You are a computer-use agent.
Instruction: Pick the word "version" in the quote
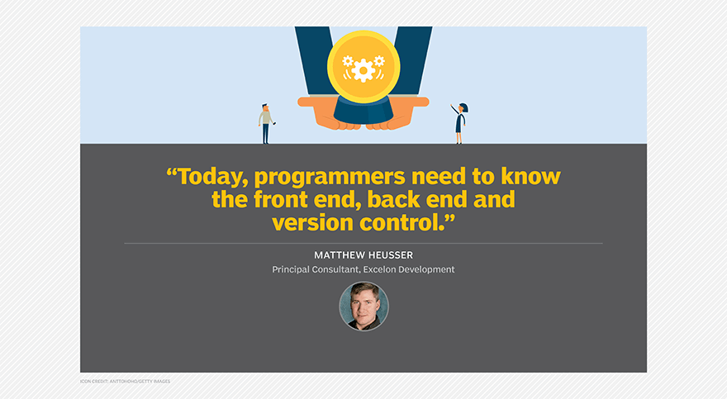point(313,223)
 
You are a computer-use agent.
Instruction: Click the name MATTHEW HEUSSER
point(363,255)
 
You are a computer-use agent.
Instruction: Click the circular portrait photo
point(364,306)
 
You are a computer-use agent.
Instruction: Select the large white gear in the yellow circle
point(363,70)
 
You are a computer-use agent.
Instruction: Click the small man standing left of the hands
point(266,124)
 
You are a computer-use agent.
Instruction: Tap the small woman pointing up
point(459,123)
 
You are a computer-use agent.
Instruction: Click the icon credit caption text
point(126,382)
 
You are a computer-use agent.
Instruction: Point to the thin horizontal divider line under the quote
point(363,243)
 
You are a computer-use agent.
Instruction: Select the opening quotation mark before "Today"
point(172,172)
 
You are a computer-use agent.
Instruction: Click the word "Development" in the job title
point(426,269)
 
